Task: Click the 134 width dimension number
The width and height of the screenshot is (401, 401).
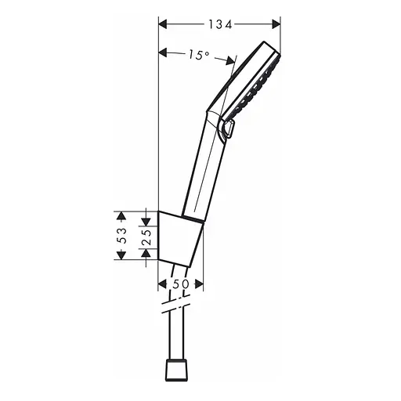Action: click(x=219, y=24)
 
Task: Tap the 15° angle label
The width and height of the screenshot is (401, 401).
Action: click(x=199, y=55)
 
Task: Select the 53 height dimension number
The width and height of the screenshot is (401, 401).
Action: click(x=121, y=235)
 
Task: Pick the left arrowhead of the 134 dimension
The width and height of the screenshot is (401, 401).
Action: click(x=163, y=24)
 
